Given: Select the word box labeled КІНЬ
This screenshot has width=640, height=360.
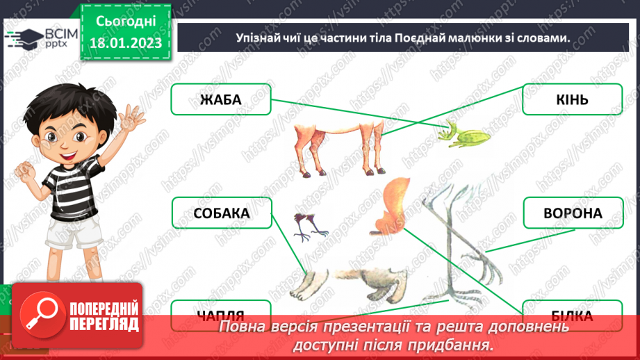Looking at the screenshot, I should pos(572,99).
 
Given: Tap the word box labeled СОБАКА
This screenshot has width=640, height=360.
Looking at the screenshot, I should pos(222,213).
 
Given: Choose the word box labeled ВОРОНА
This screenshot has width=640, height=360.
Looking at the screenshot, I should pos(572,213).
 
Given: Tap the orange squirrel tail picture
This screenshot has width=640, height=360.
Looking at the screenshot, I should pos(393,204).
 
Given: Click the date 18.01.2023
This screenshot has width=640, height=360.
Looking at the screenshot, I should pos(126,43).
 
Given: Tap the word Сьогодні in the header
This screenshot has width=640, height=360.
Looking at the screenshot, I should pos(126,22).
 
